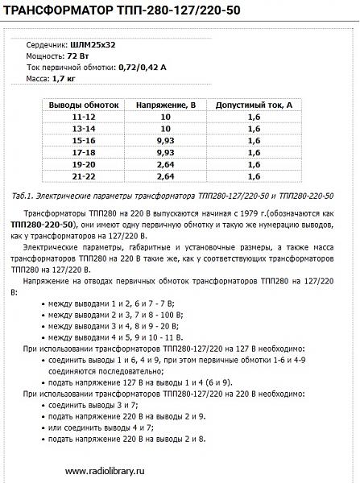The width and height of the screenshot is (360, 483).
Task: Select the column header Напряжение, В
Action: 164,105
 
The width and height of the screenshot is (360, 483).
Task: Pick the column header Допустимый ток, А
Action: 253,105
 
